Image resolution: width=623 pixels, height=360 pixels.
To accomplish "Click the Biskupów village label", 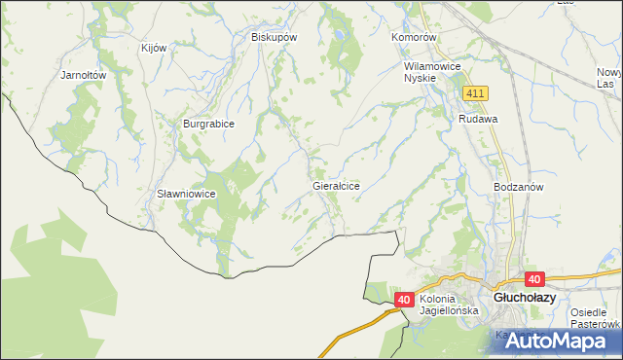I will (274, 37).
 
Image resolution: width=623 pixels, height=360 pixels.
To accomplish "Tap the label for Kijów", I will (155, 48).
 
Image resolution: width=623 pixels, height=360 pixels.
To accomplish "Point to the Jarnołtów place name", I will (83, 74).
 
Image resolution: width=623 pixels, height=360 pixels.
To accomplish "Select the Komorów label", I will (416, 37).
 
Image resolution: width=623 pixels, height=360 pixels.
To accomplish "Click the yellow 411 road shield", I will (475, 92).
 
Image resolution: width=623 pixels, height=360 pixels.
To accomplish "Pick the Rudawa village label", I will (478, 119).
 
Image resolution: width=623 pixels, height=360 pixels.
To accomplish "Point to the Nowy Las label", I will (610, 79).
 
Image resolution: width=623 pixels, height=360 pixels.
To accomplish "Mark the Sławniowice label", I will (186, 194).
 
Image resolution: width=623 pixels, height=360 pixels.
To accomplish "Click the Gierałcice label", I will (337, 185).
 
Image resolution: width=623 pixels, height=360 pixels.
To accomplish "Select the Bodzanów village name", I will (518, 186).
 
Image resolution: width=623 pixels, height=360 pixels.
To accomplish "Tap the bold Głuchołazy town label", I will (525, 299).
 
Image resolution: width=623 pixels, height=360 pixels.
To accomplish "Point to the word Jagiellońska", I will (449, 310).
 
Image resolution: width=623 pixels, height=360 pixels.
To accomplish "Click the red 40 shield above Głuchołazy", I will (533, 278).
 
